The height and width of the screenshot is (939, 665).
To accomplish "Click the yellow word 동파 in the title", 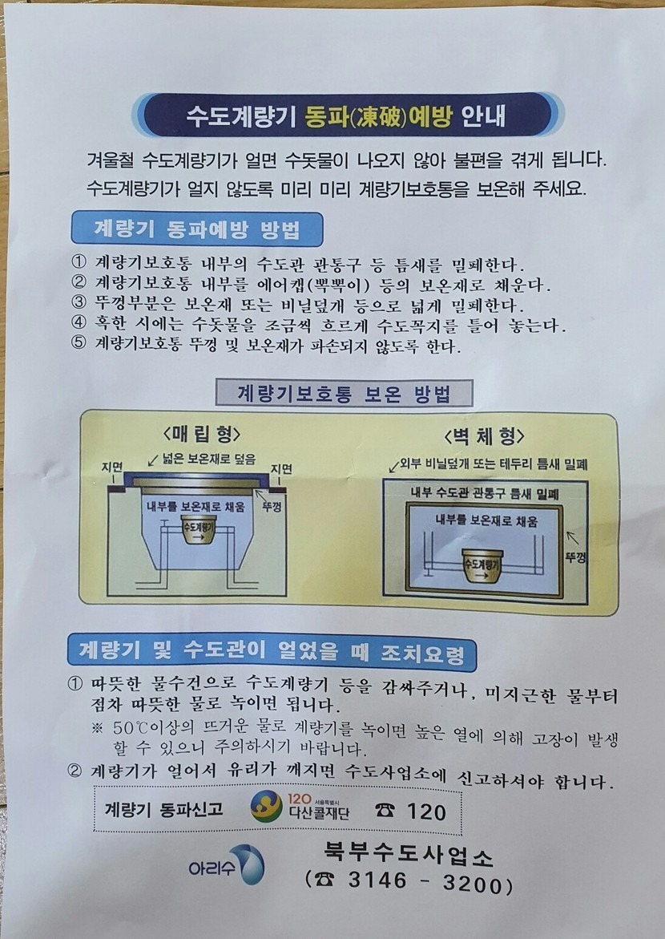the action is (x=323, y=115).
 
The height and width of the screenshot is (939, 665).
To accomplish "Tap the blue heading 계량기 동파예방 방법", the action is (x=197, y=229).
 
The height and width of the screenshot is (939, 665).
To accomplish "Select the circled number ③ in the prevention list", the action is (x=79, y=303).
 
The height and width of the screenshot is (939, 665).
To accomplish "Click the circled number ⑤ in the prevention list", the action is (x=79, y=344).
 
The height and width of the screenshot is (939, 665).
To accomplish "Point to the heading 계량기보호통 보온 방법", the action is (x=345, y=394).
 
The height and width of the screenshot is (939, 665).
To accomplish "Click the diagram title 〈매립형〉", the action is (x=202, y=433).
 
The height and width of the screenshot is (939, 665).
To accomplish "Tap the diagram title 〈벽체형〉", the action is (x=484, y=435).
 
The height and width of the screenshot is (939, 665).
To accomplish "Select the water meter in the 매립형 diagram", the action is (x=198, y=528).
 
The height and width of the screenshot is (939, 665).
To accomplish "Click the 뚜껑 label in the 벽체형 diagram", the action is (x=575, y=557).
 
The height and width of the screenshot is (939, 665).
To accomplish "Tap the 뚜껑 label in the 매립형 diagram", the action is (x=272, y=508).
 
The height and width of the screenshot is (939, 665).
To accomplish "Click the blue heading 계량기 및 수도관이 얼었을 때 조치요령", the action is (x=272, y=652).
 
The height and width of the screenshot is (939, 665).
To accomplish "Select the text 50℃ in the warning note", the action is (x=130, y=728).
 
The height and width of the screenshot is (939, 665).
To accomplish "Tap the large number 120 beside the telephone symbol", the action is (x=426, y=812).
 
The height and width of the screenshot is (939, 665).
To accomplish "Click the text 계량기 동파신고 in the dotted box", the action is (x=163, y=810).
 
